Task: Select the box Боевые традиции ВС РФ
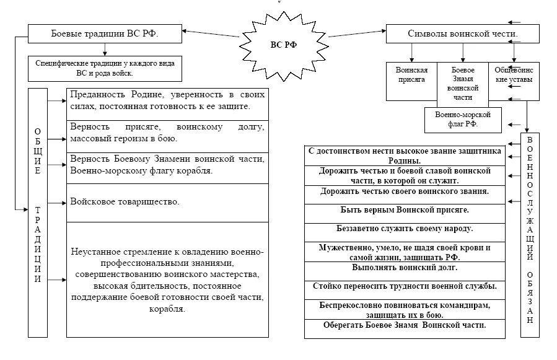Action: pyautogui.click(x=105, y=34)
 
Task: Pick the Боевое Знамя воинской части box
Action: pyautogui.click(x=463, y=84)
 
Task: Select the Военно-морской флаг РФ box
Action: pyautogui.click(x=460, y=119)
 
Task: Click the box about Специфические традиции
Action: pyautogui.click(x=105, y=68)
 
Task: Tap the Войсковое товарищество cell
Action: pyautogui.click(x=167, y=203)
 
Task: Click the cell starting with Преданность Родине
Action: pyautogui.click(x=167, y=101)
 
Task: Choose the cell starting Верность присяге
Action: pyautogui.click(x=167, y=133)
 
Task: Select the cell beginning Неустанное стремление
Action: pyautogui.click(x=167, y=279)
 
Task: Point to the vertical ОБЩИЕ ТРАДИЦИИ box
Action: pyautogui.click(x=38, y=213)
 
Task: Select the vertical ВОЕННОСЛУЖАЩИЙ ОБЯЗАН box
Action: pyautogui.click(x=529, y=235)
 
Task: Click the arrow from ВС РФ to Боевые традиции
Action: pyautogui.click(x=211, y=36)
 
